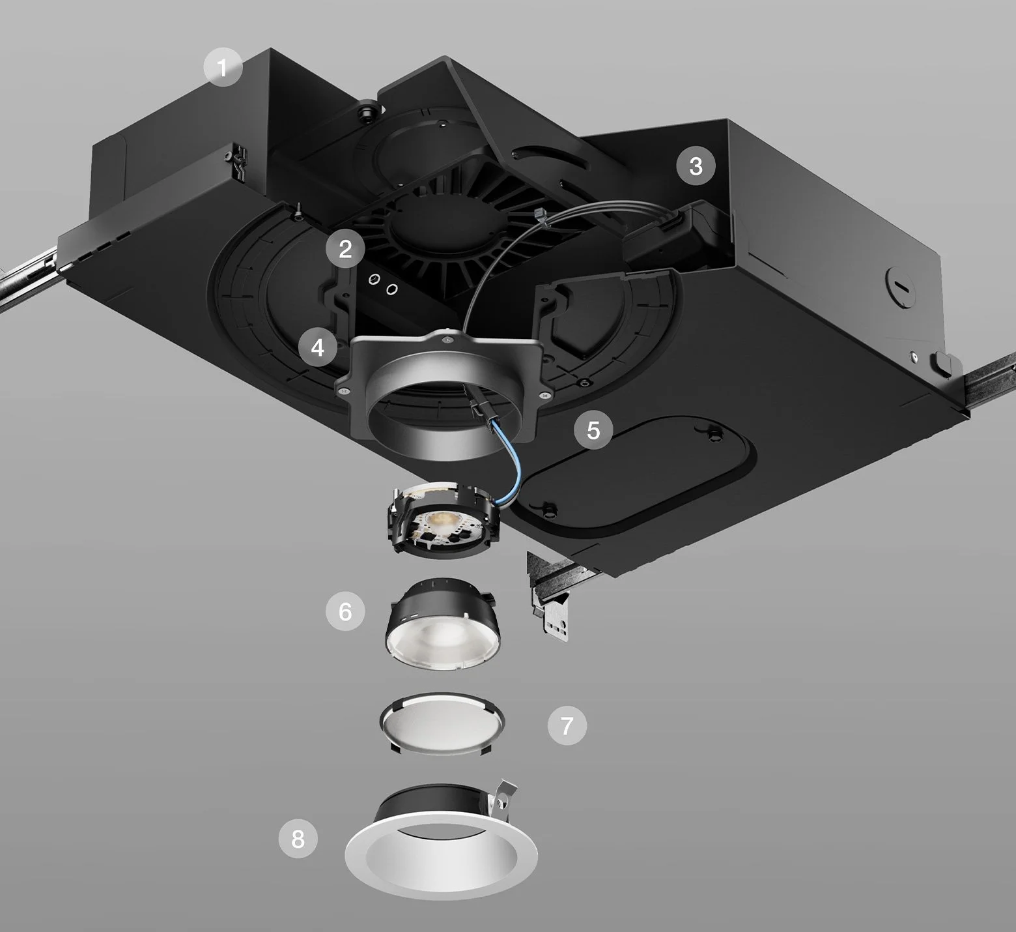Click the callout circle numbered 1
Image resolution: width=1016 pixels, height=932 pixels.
223,67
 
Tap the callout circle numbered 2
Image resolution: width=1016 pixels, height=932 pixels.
345,249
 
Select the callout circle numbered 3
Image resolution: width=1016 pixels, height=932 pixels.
696,166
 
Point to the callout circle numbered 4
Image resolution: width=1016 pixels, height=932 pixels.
318,348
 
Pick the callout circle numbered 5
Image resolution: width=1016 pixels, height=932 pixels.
593,430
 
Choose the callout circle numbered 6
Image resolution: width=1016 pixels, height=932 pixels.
345,611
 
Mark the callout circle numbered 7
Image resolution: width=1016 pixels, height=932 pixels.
567,725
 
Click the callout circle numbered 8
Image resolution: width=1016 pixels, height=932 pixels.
298,838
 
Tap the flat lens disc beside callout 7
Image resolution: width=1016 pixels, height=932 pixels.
442,724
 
